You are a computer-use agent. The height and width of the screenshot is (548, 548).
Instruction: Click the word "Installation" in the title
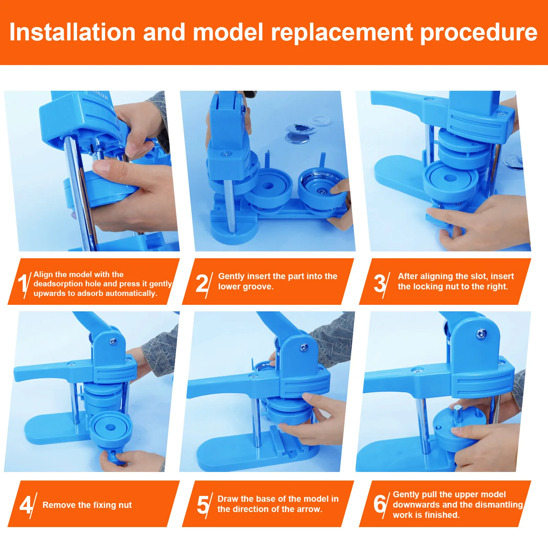(72, 32)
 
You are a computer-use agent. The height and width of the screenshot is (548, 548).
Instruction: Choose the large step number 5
(203, 505)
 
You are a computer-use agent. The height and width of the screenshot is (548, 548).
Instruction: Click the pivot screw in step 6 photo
(482, 333)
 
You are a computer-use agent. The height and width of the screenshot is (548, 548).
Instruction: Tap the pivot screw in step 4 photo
(113, 341)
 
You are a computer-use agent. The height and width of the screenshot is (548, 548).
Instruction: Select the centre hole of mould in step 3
(450, 178)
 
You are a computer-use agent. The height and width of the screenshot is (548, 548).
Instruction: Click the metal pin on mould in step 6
(458, 417)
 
